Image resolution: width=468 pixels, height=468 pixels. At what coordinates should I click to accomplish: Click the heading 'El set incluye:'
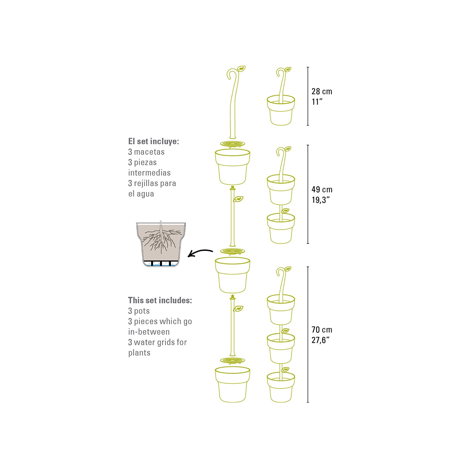pyautogui.click(x=154, y=141)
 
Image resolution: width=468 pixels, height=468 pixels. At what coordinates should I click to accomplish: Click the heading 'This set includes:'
pyautogui.click(x=160, y=300)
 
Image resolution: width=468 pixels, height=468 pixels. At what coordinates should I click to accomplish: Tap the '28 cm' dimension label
pyautogui.click(x=322, y=91)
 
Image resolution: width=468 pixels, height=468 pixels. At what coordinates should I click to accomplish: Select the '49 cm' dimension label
pyautogui.click(x=322, y=189)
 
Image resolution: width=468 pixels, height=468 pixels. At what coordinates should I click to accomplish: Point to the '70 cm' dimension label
pyautogui.click(x=322, y=330)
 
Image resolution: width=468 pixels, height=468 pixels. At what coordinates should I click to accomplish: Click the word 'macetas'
pyautogui.click(x=149, y=152)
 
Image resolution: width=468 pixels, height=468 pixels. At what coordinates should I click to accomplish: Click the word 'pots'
pyautogui.click(x=142, y=311)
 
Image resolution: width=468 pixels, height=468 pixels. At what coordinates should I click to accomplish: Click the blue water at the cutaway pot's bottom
pyautogui.click(x=161, y=265)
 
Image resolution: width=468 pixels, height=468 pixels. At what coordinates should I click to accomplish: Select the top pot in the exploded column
pyautogui.click(x=232, y=167)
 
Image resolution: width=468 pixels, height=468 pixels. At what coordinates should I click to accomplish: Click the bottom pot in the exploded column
pyautogui.click(x=232, y=384)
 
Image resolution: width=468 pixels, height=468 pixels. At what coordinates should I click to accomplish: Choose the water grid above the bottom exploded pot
pyautogui.click(x=232, y=361)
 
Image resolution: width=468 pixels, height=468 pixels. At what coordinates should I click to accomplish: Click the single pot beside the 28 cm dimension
pyautogui.click(x=281, y=110)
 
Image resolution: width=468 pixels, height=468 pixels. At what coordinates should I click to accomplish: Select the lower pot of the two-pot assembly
pyautogui.click(x=281, y=228)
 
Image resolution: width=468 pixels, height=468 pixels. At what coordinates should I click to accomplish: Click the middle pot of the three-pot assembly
pyautogui.click(x=281, y=349)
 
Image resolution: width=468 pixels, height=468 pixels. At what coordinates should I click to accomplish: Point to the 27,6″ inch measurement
pyautogui.click(x=321, y=340)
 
